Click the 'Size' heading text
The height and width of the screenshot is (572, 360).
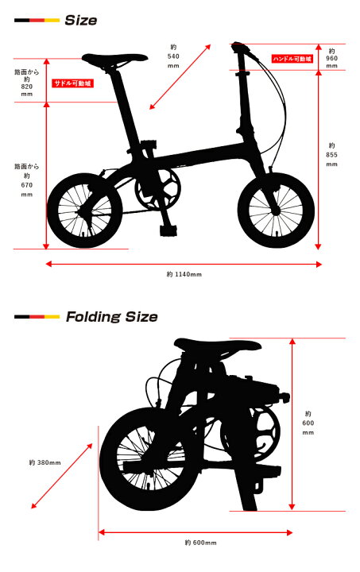80,20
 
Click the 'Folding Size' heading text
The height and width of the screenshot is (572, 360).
111,317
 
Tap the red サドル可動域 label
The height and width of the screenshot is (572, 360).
73,83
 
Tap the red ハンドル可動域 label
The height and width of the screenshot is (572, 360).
292,58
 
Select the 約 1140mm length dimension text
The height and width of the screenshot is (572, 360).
184,274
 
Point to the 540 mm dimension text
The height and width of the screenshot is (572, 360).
173,56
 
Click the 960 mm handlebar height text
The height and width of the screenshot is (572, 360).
331,58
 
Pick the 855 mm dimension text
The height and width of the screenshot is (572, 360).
331,155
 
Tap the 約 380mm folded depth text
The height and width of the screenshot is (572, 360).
45,462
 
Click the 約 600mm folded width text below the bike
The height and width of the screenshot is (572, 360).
200,543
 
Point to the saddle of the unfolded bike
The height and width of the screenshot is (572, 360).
114,58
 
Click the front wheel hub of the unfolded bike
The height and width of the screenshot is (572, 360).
276,211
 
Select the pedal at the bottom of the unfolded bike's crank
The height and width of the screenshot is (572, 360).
168,230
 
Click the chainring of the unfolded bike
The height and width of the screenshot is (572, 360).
157,189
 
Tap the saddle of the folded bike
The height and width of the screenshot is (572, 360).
218,346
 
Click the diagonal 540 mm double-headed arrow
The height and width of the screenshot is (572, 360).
180,76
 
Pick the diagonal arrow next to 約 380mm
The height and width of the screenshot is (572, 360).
62,476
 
